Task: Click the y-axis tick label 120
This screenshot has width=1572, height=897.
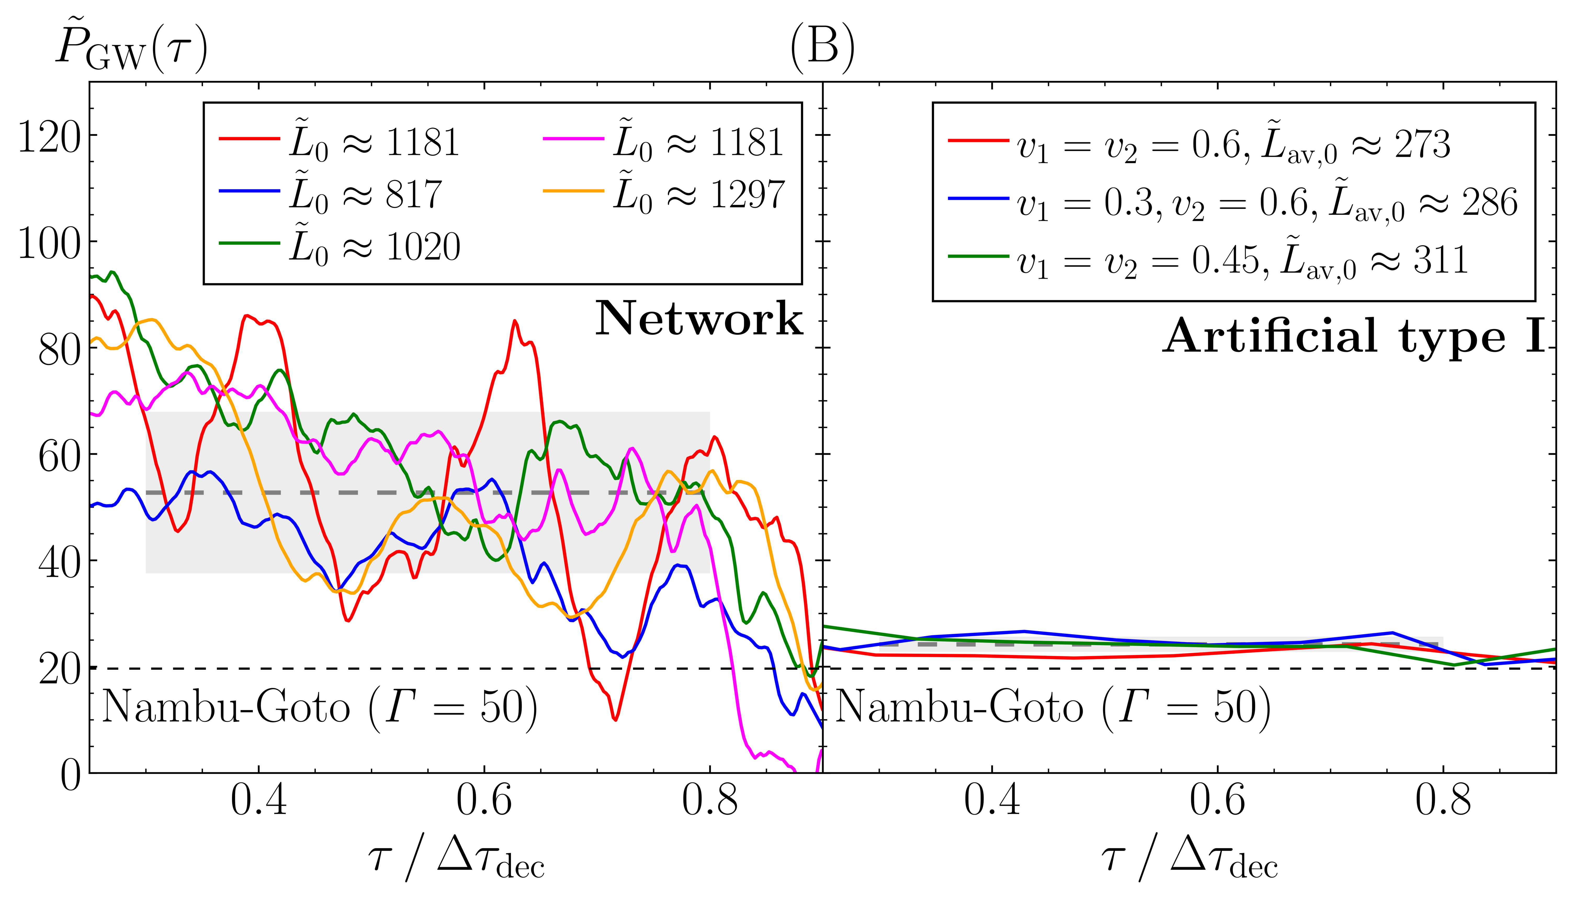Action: [x=49, y=137]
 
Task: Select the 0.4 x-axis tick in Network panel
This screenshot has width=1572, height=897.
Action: [x=259, y=801]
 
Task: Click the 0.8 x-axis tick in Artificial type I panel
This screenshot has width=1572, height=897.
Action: [x=1443, y=801]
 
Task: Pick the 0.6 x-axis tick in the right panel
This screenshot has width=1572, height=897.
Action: [x=1217, y=801]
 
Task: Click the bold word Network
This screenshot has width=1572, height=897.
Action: [x=699, y=319]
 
